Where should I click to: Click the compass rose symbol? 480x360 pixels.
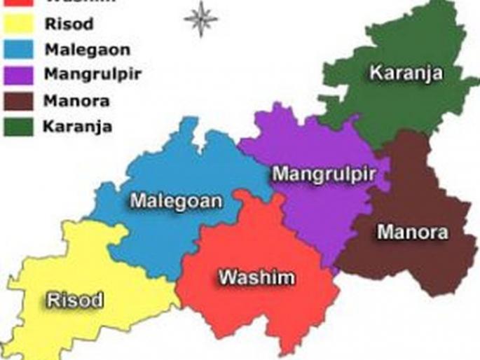click(x=200, y=19)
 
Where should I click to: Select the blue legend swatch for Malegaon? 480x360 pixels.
click(x=19, y=50)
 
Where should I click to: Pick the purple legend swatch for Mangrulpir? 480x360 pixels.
click(x=19, y=76)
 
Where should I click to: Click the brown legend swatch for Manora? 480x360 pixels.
click(x=19, y=101)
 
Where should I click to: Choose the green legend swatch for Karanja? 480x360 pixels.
click(x=19, y=126)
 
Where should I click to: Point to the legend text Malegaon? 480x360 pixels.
click(x=87, y=50)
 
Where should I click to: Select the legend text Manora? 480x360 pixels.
click(x=76, y=101)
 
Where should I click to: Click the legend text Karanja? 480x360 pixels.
click(x=77, y=127)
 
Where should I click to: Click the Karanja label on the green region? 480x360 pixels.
click(x=406, y=73)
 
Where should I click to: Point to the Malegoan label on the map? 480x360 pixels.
click(x=176, y=202)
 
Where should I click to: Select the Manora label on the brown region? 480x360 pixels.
click(x=413, y=232)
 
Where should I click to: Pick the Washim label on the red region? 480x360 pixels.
click(x=256, y=277)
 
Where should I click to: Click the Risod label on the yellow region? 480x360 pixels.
click(x=75, y=301)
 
